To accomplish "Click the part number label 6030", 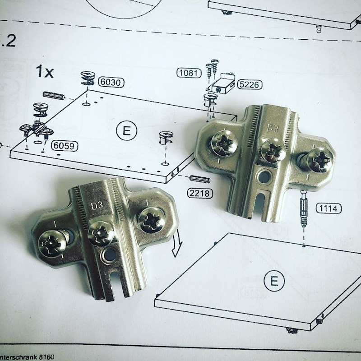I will [x=111, y=83].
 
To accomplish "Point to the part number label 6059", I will [x=64, y=146].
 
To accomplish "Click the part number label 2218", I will [x=199, y=194].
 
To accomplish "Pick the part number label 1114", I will [x=329, y=208].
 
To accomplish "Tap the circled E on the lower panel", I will [x=274, y=282].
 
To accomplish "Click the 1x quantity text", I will [x=45, y=72].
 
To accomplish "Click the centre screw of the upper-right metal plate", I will [x=273, y=150].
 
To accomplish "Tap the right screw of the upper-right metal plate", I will [x=319, y=160].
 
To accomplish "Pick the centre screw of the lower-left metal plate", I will [x=101, y=232].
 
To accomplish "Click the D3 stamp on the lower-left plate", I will [x=97, y=206].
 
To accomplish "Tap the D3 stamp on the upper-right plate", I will [x=273, y=128].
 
